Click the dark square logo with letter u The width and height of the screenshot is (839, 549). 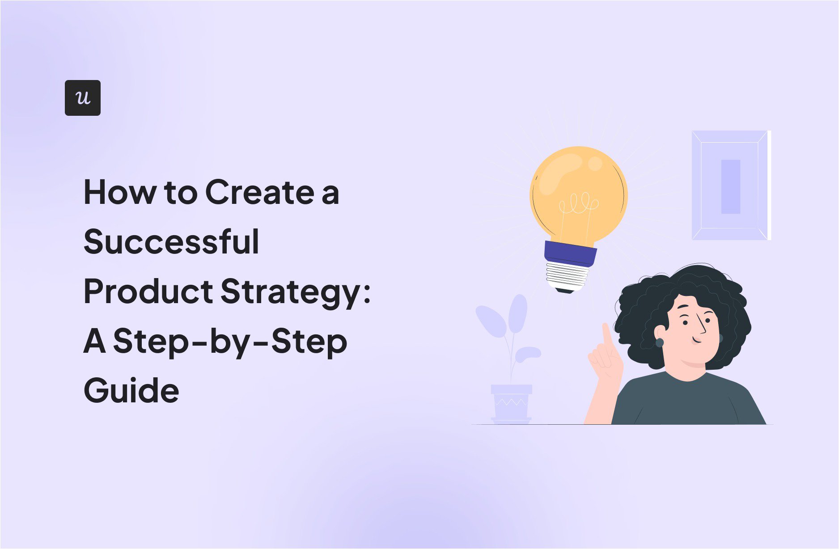pyautogui.click(x=83, y=98)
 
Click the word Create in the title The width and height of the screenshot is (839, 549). pyautogui.click(x=259, y=193)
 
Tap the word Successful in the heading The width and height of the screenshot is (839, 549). pyautogui.click(x=171, y=242)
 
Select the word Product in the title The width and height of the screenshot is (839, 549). pyautogui.click(x=148, y=291)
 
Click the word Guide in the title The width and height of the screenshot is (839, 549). pyautogui.click(x=131, y=390)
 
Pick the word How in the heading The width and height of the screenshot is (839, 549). pyautogui.click(x=120, y=193)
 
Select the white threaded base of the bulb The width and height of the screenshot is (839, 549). pyautogui.click(x=567, y=276)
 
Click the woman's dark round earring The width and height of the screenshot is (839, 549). pyautogui.click(x=660, y=343)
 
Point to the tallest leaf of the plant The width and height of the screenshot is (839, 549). pyautogui.click(x=518, y=313)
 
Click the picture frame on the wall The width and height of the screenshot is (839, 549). pyautogui.click(x=730, y=186)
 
